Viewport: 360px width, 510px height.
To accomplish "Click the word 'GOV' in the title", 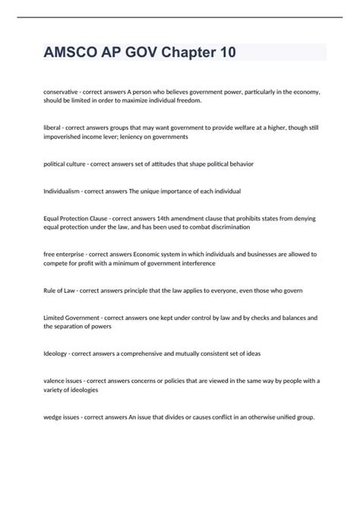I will click(144, 52).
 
